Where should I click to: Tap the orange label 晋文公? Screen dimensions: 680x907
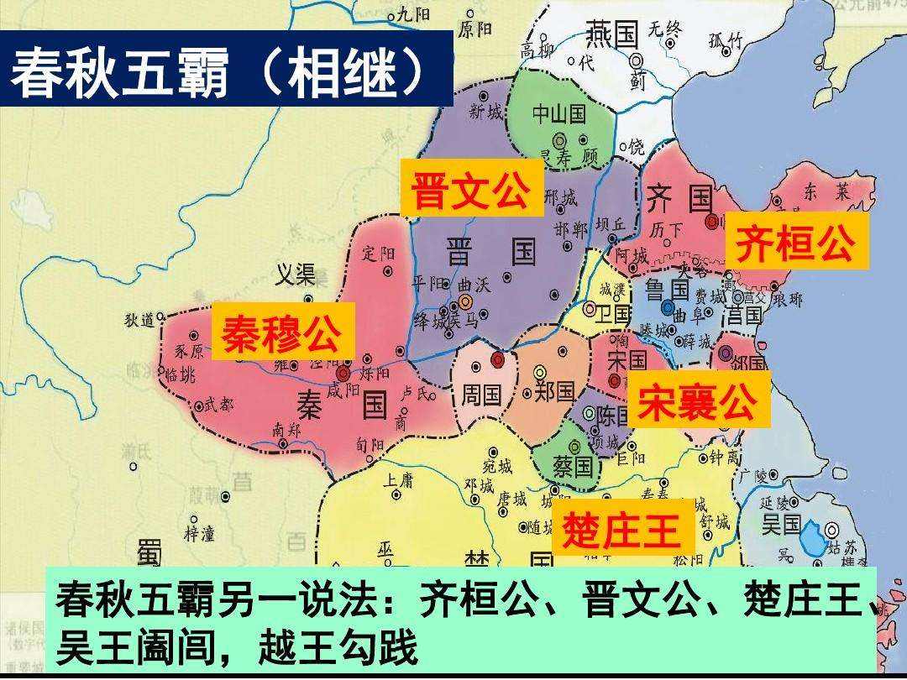[470, 191]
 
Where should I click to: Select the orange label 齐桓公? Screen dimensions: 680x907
[794, 243]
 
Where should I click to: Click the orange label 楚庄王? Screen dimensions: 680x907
[621, 531]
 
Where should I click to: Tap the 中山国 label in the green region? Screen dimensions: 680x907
[559, 113]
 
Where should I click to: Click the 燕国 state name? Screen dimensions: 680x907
[611, 35]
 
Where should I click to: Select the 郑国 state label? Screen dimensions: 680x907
[554, 392]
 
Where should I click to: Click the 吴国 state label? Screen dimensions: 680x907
[781, 526]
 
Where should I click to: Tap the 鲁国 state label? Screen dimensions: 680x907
[668, 290]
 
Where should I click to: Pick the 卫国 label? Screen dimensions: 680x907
[614, 314]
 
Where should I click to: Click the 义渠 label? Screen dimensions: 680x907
[296, 274]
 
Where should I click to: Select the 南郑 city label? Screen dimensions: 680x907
[286, 428]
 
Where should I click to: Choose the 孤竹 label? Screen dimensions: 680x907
[726, 39]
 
